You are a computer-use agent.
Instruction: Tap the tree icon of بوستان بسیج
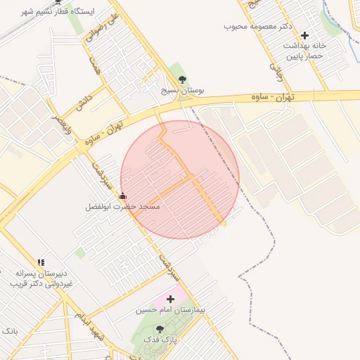184,79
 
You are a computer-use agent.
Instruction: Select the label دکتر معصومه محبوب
258,27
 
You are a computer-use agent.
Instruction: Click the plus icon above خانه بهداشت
304,35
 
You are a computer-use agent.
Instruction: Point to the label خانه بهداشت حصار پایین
303,50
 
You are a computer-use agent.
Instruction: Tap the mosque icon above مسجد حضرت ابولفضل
123,196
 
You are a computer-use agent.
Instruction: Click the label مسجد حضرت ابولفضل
123,207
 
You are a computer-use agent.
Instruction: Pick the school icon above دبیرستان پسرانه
41,262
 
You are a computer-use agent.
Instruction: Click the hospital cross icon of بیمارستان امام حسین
170,299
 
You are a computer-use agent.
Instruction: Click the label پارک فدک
160,340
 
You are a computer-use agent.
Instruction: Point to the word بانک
9,330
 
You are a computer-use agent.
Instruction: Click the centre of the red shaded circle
180,179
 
